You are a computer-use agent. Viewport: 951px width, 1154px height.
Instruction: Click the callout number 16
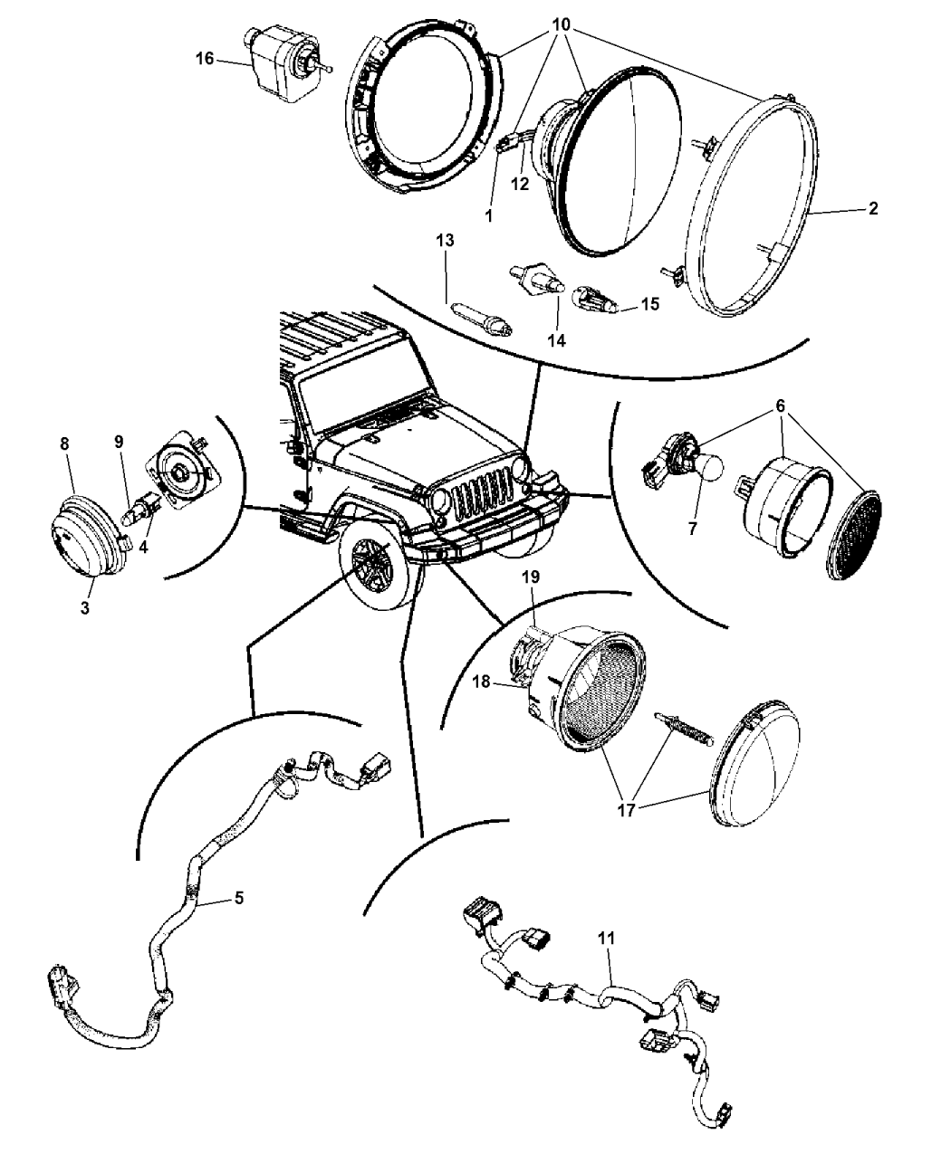[x=204, y=59]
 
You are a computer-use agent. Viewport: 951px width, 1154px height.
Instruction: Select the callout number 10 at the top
[x=560, y=25]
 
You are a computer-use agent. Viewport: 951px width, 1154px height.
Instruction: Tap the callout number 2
[x=872, y=208]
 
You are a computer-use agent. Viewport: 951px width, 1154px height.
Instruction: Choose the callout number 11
[x=606, y=939]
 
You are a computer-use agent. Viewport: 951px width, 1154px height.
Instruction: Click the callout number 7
[x=693, y=529]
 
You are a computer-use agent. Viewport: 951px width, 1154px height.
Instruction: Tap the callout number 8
[x=64, y=443]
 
